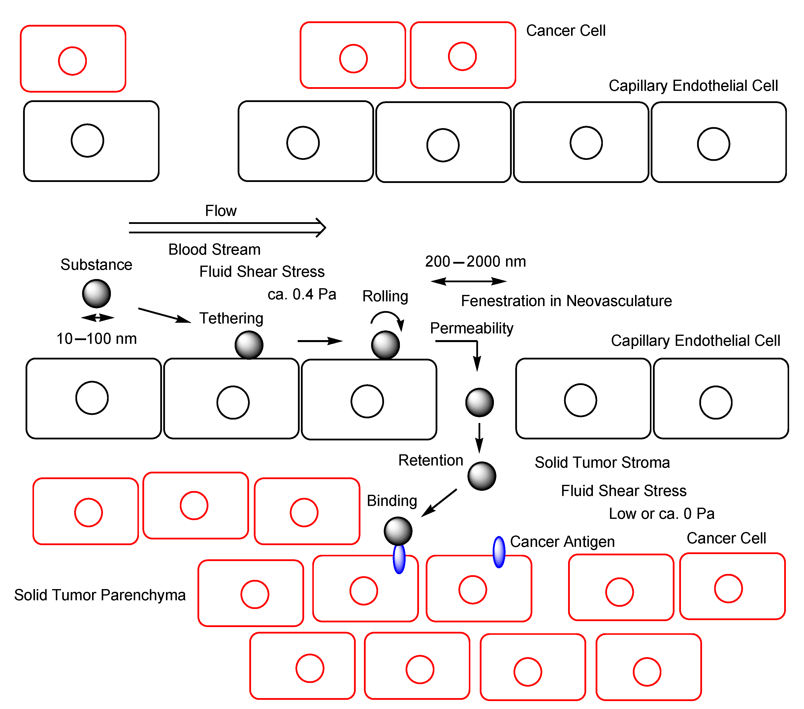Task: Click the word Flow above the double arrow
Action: tap(221, 211)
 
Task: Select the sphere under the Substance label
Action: tap(96, 294)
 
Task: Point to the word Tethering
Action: tap(231, 318)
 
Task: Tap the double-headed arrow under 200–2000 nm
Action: tap(468, 281)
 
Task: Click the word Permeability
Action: tap(472, 328)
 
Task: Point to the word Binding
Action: tap(392, 501)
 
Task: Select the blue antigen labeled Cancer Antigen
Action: tap(499, 552)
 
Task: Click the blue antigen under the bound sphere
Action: tap(399, 559)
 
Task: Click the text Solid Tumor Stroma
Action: tap(602, 462)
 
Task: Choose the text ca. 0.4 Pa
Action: tap(302, 294)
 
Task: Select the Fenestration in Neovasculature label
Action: tap(566, 301)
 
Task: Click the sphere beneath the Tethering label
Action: tap(249, 345)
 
